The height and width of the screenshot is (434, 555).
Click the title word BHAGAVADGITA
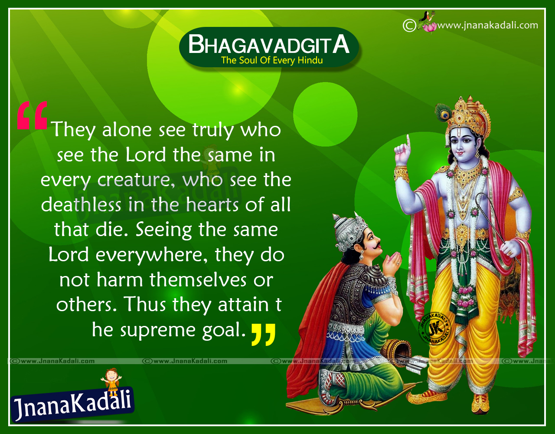[x=269, y=44]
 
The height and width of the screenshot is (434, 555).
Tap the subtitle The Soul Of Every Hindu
[x=272, y=60]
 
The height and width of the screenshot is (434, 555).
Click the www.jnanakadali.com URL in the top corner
[x=487, y=25]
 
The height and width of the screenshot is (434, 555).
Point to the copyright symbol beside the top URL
[x=409, y=26]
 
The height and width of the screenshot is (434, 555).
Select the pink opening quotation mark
[x=32, y=115]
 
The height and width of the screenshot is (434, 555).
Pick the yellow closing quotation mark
[x=263, y=334]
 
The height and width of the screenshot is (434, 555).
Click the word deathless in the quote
[x=81, y=205]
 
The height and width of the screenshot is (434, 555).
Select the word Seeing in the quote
[x=163, y=230]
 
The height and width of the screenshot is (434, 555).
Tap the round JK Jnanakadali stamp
[x=434, y=328]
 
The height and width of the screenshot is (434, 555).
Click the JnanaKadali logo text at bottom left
[x=73, y=403]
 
